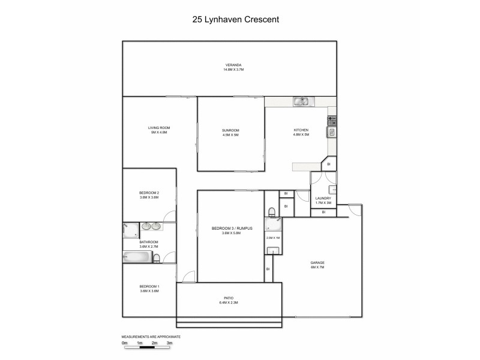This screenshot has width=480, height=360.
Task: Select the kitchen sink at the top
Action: (301, 102)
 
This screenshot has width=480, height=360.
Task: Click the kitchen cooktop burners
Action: (331, 121)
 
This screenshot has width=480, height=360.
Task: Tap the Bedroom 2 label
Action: (149, 193)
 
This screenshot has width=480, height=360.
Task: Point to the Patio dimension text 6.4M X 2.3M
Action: (229, 302)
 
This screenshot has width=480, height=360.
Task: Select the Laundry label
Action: (323, 198)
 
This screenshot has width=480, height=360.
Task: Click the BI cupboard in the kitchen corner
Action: (328, 164)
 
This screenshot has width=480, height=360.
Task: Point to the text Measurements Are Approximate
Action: (151, 337)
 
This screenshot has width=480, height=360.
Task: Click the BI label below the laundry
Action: (323, 212)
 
